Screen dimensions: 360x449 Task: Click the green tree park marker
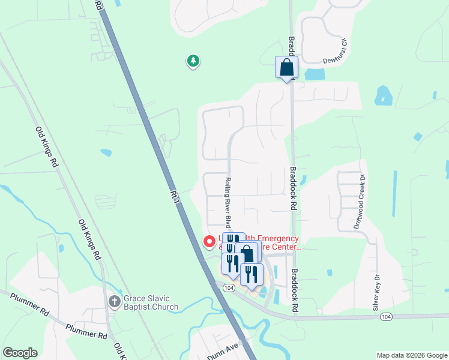[x=193, y=61]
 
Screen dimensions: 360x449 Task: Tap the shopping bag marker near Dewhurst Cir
[x=286, y=67]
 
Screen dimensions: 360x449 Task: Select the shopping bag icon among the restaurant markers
[x=246, y=254]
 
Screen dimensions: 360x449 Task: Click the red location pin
[x=209, y=242]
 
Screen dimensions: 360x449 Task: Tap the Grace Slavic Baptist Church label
[x=151, y=302]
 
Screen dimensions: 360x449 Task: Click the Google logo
[x=20, y=353]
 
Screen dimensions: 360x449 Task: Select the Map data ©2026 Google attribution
[x=412, y=355]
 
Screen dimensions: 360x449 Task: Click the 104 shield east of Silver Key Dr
[x=386, y=316]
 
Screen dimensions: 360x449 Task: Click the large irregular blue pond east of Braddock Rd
[x=382, y=95]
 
